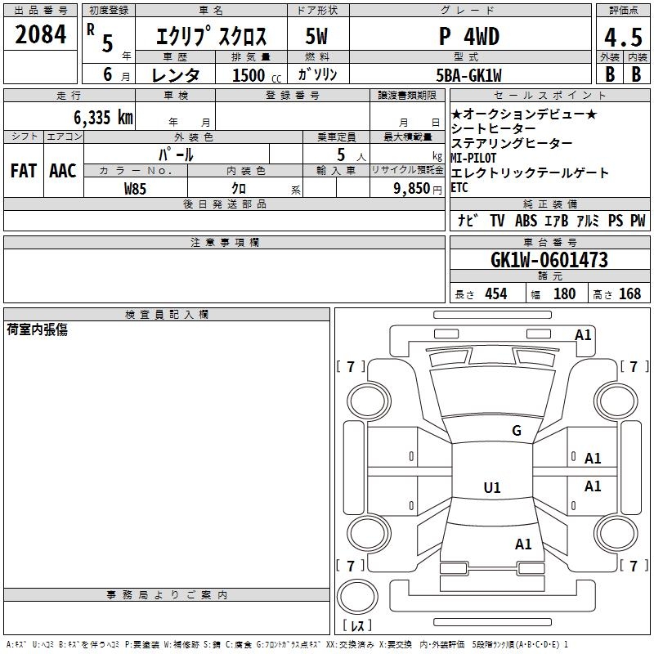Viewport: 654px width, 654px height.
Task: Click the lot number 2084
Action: (x=41, y=34)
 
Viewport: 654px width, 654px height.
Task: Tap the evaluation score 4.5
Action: (x=620, y=38)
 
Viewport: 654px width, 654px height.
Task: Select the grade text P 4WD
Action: (x=469, y=37)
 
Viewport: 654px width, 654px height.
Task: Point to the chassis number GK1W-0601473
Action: (x=549, y=260)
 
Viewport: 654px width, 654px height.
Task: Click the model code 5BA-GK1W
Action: (x=469, y=74)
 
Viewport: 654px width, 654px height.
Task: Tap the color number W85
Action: (x=136, y=188)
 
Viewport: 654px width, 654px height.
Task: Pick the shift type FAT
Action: (x=23, y=171)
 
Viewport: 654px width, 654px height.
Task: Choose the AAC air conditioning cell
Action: (x=62, y=171)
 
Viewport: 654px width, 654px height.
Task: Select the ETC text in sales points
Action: (x=459, y=187)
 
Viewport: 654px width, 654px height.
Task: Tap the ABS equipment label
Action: (x=526, y=221)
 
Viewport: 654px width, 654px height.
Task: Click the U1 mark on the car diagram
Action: (x=491, y=488)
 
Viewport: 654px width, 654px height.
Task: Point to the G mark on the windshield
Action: (x=516, y=431)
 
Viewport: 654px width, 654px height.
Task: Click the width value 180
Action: (x=564, y=294)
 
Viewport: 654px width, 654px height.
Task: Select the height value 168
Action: (x=629, y=294)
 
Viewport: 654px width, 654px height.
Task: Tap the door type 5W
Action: (x=316, y=37)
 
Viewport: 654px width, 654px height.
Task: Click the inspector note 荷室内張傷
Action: (x=38, y=329)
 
